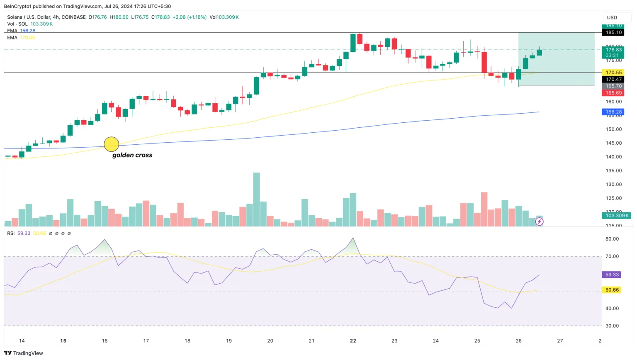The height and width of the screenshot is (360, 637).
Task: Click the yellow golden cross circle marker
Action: click(x=111, y=144)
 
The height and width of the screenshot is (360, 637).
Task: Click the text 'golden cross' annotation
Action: click(x=132, y=155)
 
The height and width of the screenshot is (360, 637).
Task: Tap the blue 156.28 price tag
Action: click(x=613, y=112)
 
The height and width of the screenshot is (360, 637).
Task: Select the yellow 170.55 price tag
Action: click(x=613, y=73)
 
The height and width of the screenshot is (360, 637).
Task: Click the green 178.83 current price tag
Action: click(x=613, y=50)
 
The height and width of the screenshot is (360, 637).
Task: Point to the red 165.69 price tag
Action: click(x=613, y=93)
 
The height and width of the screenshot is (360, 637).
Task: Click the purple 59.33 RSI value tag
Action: click(x=612, y=275)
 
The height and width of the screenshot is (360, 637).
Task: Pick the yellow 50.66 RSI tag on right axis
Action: click(x=612, y=290)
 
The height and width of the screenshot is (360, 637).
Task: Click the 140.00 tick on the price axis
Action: click(x=613, y=157)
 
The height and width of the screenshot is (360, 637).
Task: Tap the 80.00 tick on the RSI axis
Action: click(x=612, y=239)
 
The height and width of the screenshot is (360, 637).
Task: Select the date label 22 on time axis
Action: click(x=353, y=341)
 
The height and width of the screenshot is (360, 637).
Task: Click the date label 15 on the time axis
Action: click(x=63, y=341)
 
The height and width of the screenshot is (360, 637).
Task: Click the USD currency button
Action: click(x=612, y=17)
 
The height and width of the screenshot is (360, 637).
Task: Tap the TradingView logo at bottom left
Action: click(x=24, y=353)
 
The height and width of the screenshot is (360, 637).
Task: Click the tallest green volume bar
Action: click(x=256, y=199)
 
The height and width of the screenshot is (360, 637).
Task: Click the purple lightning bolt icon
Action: click(x=539, y=222)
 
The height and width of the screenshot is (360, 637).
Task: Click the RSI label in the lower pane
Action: click(x=11, y=234)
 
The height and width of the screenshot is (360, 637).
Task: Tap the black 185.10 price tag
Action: click(x=613, y=32)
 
